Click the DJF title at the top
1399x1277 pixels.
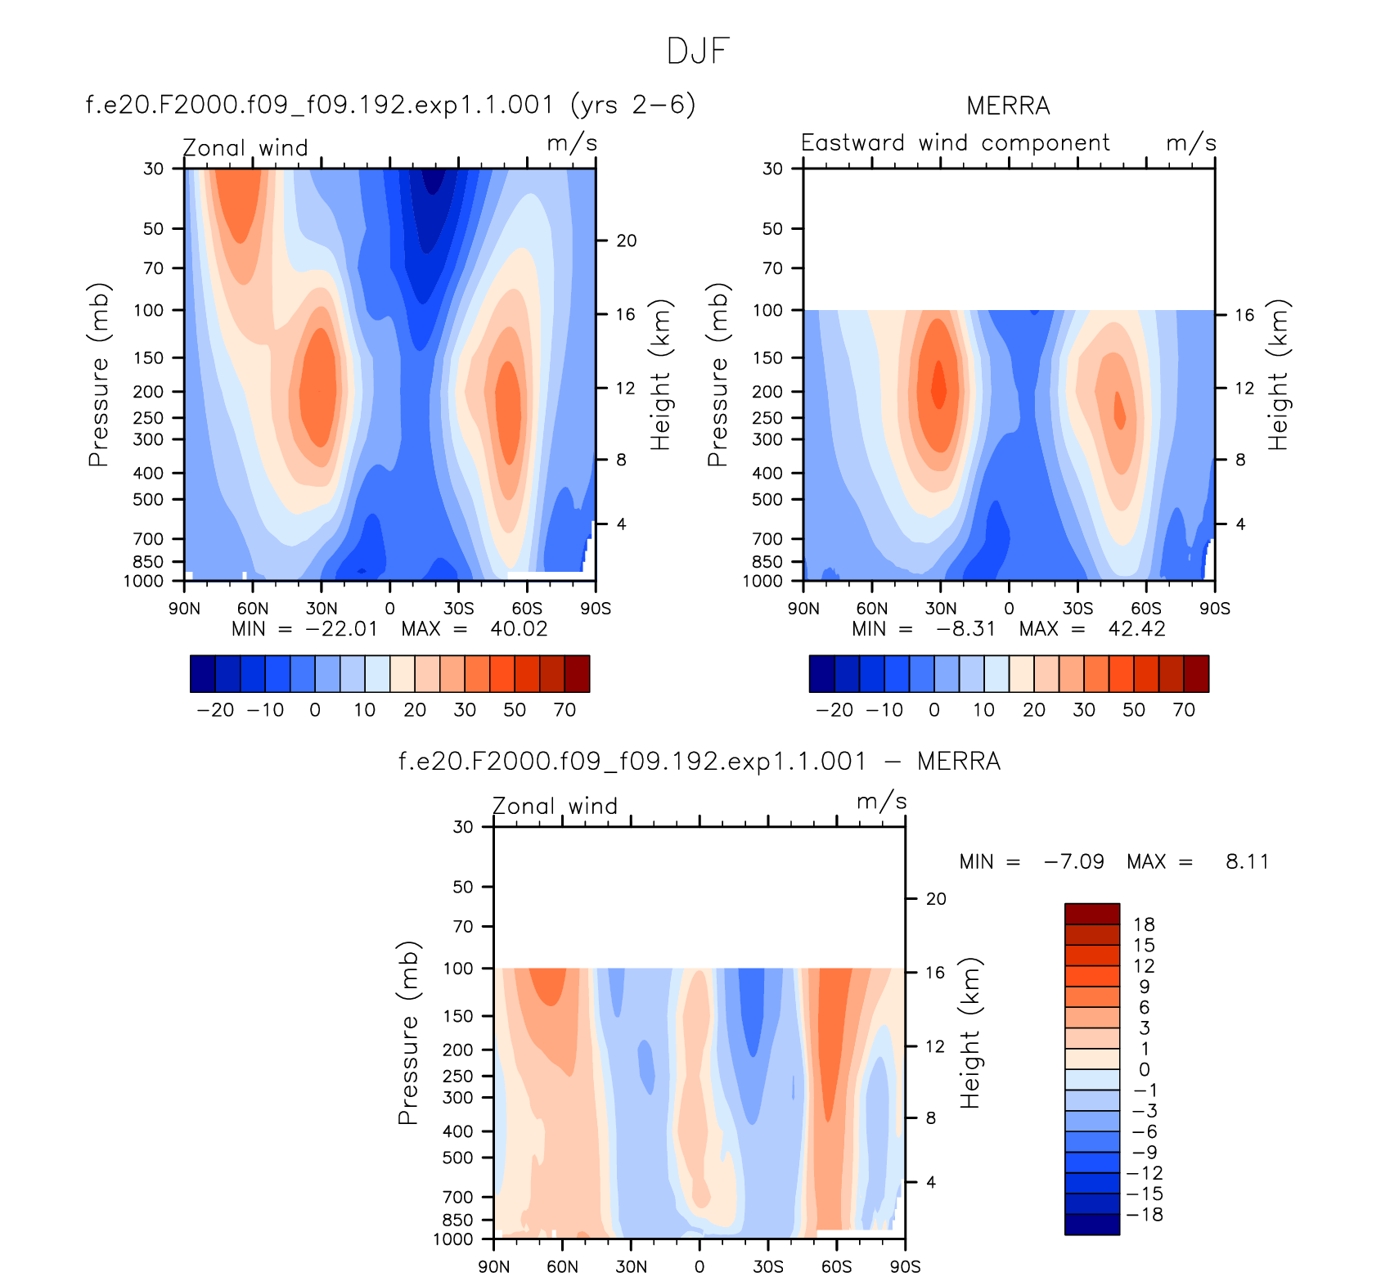coord(698,51)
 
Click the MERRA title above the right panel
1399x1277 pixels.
coord(1008,106)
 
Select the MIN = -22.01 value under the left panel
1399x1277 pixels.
coord(304,629)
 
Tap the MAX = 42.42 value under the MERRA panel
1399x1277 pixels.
coord(1092,629)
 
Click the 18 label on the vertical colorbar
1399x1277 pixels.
coord(1144,924)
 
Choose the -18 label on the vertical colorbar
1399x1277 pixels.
coord(1144,1215)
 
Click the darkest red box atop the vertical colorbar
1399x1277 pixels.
coord(1091,914)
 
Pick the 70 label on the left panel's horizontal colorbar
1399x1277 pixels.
coord(565,710)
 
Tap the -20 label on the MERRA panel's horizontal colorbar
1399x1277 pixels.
coord(834,710)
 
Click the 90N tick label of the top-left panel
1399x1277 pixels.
coord(184,609)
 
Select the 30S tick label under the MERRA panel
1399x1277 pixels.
coord(1077,609)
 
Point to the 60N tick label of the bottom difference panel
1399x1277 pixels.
coord(562,1267)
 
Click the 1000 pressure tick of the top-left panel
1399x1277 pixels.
coord(143,582)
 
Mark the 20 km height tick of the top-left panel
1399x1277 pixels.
coord(627,241)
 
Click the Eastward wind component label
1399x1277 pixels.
coord(955,143)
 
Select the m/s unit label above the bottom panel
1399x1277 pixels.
coord(881,802)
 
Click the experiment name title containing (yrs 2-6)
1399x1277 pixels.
coord(391,105)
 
